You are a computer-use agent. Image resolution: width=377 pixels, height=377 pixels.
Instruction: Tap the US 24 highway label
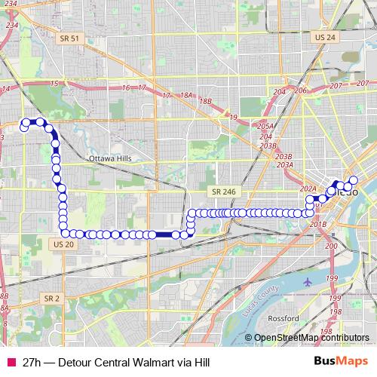326,37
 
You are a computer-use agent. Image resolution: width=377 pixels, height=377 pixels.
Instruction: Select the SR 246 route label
225,192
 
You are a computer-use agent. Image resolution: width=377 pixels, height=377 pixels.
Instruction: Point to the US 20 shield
63,244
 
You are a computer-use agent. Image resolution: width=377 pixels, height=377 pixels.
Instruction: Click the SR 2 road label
51,299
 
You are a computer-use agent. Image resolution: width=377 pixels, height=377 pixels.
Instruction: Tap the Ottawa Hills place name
109,159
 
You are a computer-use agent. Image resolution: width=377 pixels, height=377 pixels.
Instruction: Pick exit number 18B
206,101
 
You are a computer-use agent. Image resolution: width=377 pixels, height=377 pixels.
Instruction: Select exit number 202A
308,188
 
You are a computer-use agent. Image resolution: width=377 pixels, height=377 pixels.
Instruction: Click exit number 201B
317,224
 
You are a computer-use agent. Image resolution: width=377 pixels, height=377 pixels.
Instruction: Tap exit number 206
301,90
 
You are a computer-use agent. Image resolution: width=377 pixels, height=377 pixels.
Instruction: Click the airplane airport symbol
308,282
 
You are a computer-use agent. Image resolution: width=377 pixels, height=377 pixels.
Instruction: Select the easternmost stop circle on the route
352,180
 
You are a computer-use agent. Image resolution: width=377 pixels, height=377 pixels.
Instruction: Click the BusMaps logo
341,362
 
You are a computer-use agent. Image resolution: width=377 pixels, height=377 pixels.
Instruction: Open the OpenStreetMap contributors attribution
311,338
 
